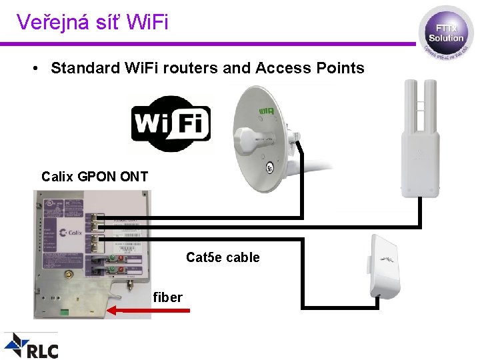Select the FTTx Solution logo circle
point(445,34)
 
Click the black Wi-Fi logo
point(171,124)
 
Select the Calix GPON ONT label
point(95,177)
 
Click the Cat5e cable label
point(223,257)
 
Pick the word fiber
point(167,297)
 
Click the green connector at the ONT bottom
point(63,311)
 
